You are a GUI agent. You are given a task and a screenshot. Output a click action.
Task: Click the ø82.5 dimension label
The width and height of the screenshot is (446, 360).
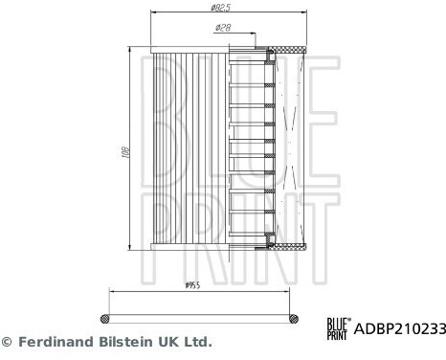pos(221,8)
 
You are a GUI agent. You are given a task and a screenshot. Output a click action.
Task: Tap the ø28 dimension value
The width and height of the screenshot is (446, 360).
pos(223,28)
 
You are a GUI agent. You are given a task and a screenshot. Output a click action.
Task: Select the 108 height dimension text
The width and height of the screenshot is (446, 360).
pos(125,152)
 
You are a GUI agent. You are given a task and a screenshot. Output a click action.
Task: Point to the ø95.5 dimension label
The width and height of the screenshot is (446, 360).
pos(192,285)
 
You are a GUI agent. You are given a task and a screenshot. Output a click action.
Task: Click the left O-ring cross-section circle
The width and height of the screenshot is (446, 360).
pos(104,319)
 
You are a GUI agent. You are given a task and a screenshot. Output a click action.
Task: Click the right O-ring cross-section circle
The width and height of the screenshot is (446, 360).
pos(294,319)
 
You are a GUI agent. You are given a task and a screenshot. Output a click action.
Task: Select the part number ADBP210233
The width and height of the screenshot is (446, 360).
pos(399,328)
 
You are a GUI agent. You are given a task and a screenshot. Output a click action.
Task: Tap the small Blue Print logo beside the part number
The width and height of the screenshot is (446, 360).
pos(339,328)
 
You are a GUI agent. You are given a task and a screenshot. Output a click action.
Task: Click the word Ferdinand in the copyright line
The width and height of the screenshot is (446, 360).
pos(56,342)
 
